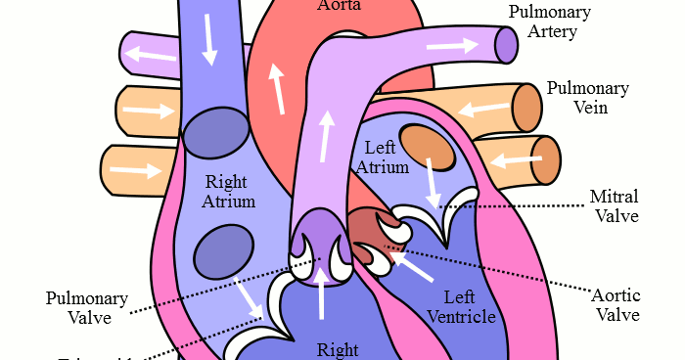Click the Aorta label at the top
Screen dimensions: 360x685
pyautogui.click(x=340, y=6)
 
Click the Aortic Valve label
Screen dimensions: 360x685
pyautogui.click(x=616, y=303)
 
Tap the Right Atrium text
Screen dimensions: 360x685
pyautogui.click(x=230, y=191)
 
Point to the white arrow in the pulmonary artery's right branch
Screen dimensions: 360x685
pyautogui.click(x=452, y=45)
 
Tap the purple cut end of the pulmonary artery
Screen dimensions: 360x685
pyautogui.click(x=505, y=44)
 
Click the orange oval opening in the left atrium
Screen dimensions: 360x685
pyautogui.click(x=428, y=147)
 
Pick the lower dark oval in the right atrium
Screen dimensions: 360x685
pyautogui.click(x=223, y=251)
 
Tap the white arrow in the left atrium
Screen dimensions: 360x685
pyautogui.click(x=433, y=183)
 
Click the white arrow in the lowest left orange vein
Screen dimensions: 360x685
pyautogui.click(x=135, y=171)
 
